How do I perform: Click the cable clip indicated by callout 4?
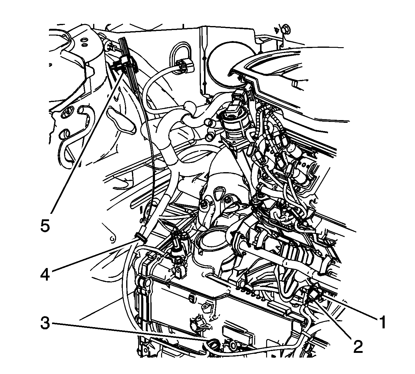click(x=141, y=238)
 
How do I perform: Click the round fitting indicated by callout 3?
click(x=213, y=345)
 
